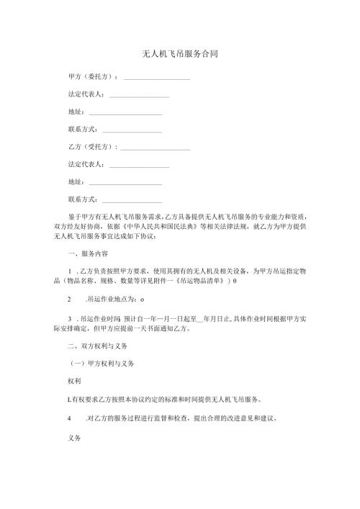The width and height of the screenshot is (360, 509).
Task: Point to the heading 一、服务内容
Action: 87,253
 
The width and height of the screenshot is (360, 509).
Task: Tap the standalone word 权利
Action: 74,379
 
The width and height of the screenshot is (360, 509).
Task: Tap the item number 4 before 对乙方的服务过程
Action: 68,417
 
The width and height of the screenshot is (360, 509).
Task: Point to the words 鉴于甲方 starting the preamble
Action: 81,216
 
